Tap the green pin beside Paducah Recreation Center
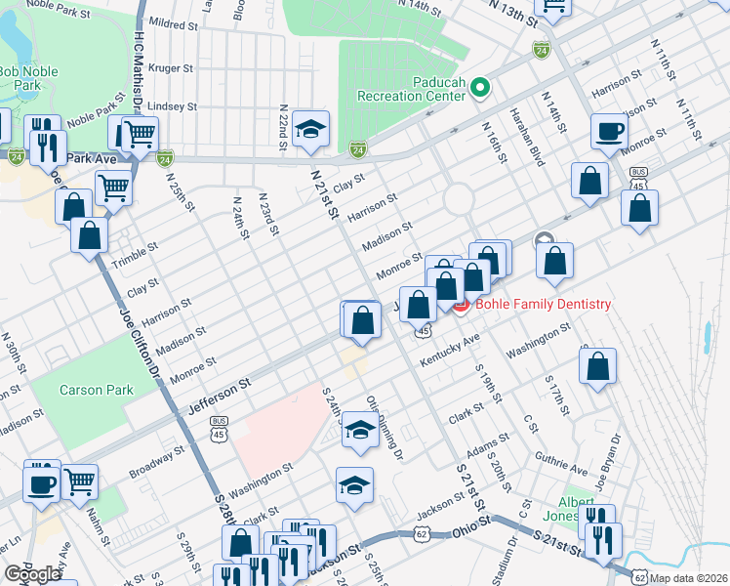pos(479,89)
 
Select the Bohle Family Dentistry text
pos(545,305)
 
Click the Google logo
pos(32,574)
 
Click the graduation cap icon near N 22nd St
pos(310,129)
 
